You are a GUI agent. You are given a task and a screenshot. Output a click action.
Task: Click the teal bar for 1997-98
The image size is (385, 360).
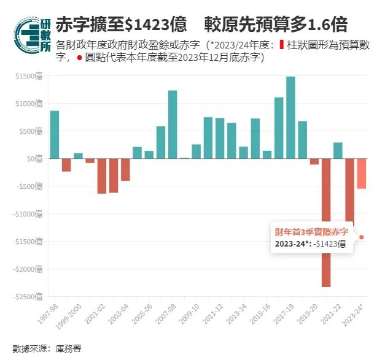(55, 134)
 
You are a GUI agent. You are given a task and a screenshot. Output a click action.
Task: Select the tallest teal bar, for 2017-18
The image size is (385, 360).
(290, 117)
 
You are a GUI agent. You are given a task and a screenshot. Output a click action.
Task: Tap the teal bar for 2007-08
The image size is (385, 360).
(173, 124)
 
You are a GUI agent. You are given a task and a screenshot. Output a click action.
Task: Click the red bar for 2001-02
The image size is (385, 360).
(102, 176)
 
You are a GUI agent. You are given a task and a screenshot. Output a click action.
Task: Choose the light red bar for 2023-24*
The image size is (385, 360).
(362, 174)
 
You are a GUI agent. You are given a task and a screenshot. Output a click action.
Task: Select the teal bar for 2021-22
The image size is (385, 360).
(338, 150)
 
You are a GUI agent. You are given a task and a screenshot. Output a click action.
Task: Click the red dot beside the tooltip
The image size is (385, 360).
(362, 237)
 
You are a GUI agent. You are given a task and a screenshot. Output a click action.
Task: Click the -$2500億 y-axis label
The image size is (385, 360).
(28, 296)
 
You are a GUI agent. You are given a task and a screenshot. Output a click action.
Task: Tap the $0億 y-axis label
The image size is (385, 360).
(34, 159)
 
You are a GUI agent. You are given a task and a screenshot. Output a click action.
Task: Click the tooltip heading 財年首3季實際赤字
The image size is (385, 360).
(311, 232)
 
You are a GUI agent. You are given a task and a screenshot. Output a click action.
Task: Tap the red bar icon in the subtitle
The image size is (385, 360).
(281, 45)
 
